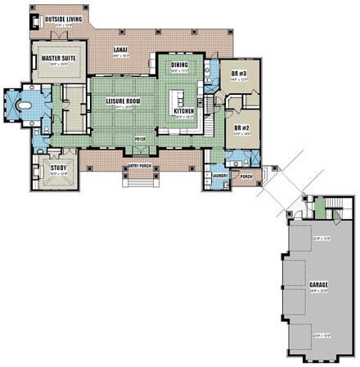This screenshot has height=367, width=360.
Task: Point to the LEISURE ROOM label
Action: pyautogui.click(x=124, y=101)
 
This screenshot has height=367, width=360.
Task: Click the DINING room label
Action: pyautogui.click(x=179, y=65)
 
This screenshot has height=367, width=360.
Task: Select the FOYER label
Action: pyautogui.click(x=140, y=139)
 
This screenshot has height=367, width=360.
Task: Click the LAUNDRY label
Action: pyautogui.click(x=218, y=175)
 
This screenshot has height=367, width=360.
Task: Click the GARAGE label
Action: pyautogui.click(x=318, y=285)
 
